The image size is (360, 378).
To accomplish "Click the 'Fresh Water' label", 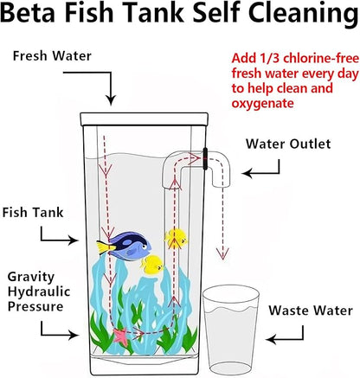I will pyautogui.click(x=53, y=55).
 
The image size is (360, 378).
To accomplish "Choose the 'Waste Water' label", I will pyautogui.click(x=310, y=310).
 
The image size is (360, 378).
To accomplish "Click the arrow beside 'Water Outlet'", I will pyautogui.click(x=260, y=173).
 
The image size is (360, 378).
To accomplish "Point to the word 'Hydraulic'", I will pyautogui.click(x=38, y=291).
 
